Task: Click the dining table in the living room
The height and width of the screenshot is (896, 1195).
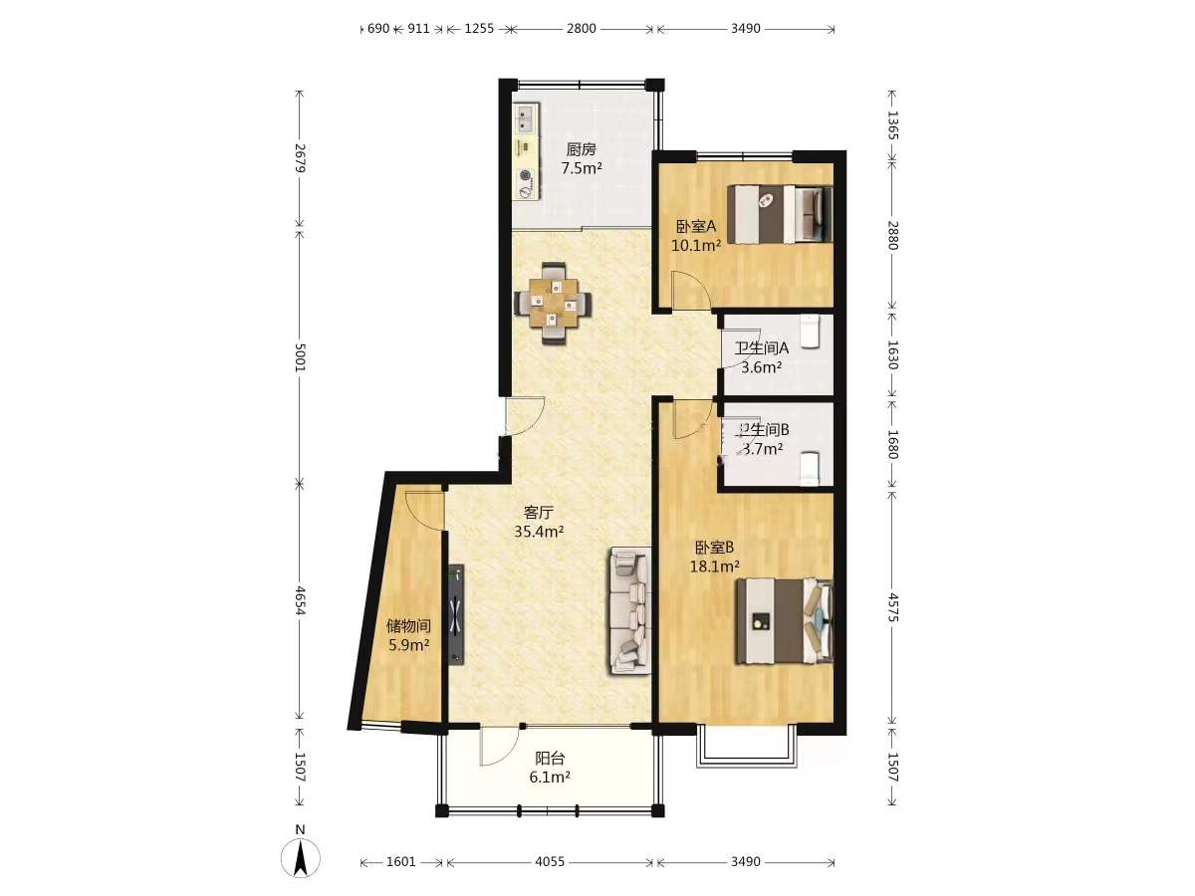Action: pos(553,303)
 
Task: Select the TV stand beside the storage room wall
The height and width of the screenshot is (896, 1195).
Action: pos(456,614)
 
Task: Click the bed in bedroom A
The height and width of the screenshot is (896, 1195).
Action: pos(780,214)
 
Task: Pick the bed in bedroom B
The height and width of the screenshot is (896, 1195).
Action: pos(784,621)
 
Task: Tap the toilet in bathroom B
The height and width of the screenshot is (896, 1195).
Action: pos(810,468)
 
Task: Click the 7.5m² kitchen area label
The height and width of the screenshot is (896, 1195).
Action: pos(582,168)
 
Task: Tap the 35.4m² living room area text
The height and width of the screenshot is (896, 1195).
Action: pos(539,532)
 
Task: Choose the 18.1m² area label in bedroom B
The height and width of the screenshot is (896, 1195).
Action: pos(714,566)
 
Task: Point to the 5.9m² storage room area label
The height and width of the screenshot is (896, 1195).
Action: pos(409,646)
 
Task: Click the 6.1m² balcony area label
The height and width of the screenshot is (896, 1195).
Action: pos(550,777)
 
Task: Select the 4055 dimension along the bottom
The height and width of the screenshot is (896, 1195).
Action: pos(550,862)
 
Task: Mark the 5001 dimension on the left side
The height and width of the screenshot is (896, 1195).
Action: pos(300,357)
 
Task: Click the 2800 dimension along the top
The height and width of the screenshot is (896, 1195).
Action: pos(582,28)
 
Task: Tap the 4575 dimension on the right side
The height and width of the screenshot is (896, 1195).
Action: pos(892,607)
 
